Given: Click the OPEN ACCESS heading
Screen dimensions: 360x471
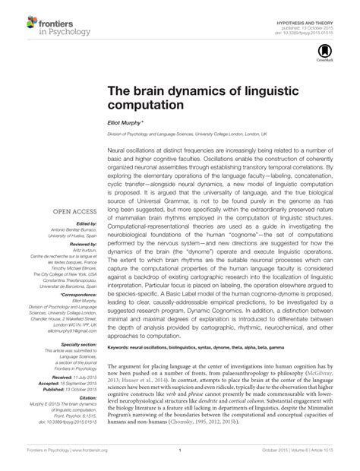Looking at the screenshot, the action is click(74, 212).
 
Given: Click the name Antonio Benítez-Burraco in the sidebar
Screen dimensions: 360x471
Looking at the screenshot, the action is click(74, 231).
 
